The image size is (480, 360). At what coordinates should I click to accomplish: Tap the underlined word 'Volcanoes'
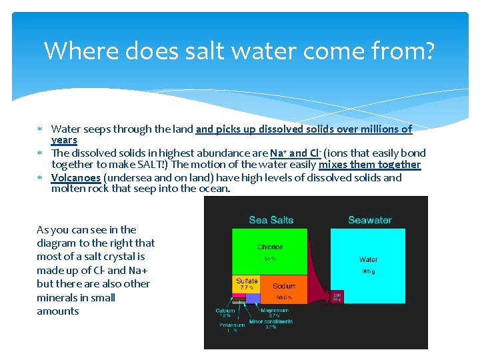click(76, 178)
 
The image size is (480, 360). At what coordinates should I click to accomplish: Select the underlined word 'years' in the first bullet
click(64, 141)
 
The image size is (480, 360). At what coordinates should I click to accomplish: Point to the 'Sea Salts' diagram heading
click(271, 220)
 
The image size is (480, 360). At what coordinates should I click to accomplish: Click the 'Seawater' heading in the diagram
click(370, 220)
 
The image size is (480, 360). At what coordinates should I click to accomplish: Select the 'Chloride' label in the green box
click(270, 247)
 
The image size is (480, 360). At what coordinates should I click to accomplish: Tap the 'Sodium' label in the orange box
click(284, 286)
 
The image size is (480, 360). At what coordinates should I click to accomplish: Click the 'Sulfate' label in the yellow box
click(246, 281)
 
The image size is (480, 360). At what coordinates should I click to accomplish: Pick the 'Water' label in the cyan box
click(368, 259)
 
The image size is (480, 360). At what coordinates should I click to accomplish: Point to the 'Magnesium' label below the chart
click(274, 310)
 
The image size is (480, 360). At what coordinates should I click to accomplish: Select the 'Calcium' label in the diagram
click(225, 310)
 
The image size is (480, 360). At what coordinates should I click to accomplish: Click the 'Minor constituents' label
click(271, 321)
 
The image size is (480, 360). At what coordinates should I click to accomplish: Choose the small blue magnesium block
click(252, 299)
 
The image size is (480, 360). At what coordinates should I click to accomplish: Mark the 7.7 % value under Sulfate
click(246, 288)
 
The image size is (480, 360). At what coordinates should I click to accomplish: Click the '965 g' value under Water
click(368, 272)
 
